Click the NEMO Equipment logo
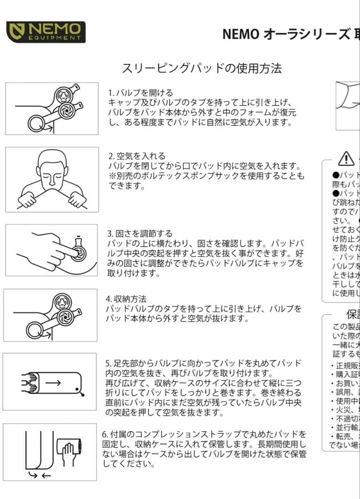46,32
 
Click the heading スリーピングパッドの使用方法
201,69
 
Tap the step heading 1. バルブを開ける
140,93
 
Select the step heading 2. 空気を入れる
137,156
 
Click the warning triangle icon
346,158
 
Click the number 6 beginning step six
104,435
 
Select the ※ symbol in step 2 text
111,176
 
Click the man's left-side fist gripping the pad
27,200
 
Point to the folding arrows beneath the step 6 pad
39,475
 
